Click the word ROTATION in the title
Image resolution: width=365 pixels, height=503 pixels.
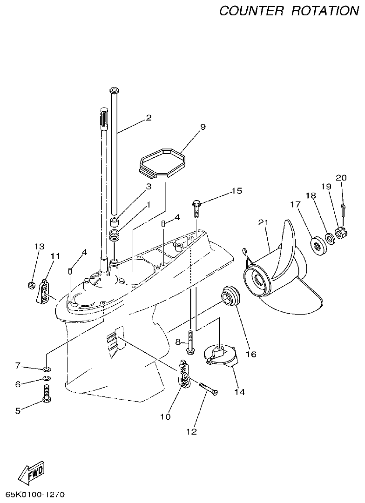325,10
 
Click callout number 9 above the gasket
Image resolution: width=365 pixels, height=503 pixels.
203,127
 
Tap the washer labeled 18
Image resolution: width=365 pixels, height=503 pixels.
330,239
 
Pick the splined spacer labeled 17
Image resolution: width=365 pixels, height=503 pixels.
318,243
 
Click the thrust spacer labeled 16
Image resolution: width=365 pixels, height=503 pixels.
231,296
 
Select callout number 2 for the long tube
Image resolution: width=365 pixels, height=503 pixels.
149,118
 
